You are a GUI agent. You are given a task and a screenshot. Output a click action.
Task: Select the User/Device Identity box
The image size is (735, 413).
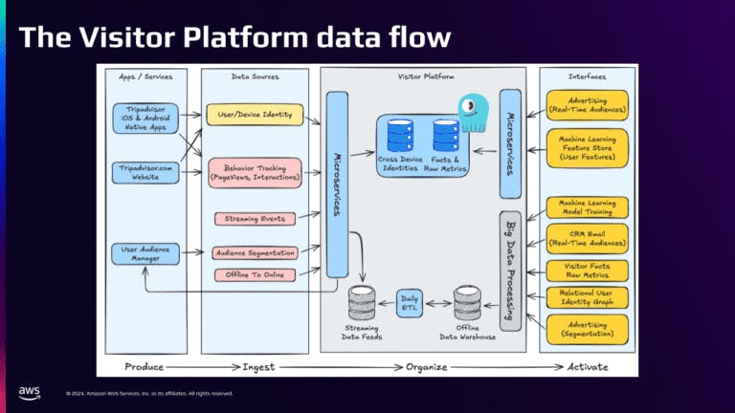(254, 115)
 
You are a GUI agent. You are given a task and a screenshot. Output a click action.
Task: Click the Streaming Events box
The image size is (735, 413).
(254, 219)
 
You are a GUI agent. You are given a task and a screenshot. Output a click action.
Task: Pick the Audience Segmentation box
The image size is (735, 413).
(254, 252)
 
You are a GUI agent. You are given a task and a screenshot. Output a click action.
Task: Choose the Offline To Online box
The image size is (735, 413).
(254, 275)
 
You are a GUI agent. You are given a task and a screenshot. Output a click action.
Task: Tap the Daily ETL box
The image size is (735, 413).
(409, 304)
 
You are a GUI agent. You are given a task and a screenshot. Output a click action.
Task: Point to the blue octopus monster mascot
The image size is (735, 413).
(473, 113)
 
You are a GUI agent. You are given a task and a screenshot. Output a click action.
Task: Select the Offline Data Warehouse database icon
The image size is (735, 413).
(468, 302)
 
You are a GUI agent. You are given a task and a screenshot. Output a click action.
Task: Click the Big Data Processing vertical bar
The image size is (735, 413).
(509, 272)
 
